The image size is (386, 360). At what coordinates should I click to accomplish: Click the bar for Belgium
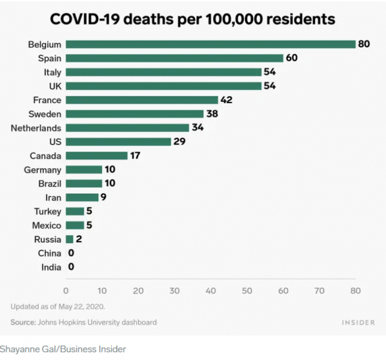tap(210, 45)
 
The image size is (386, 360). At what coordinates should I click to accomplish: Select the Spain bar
tap(174, 58)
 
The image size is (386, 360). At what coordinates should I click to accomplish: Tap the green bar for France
tap(142, 100)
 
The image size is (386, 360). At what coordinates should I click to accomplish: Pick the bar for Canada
tap(97, 156)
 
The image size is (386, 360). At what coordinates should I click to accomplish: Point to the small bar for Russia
tap(70, 239)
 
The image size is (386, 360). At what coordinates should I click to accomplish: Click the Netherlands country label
tap(36, 128)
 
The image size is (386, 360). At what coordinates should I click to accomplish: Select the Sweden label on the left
tap(45, 114)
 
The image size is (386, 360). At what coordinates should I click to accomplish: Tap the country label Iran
tap(53, 198)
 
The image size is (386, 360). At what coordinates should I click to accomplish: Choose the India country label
tap(51, 267)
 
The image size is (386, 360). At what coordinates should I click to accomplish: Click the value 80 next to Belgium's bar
tap(364, 44)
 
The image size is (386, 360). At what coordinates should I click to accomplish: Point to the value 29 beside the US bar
tap(180, 141)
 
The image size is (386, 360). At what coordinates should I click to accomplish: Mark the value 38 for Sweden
tap(212, 114)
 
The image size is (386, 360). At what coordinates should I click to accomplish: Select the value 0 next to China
tap(71, 253)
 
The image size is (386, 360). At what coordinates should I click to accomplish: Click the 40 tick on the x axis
tap(210, 290)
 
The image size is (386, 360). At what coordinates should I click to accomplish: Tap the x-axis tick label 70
tap(320, 290)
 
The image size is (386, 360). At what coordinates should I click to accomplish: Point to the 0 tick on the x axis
tap(66, 290)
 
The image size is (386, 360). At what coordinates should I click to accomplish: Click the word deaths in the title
tap(149, 19)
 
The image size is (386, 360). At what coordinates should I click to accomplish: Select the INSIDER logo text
tap(358, 323)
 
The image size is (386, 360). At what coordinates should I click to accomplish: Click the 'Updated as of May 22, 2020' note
tap(58, 307)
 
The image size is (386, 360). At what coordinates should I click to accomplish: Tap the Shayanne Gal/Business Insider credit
tap(63, 349)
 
